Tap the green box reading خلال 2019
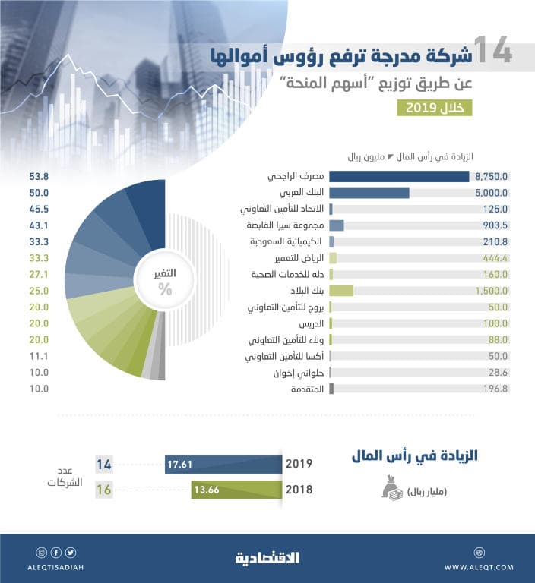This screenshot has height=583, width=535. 434,107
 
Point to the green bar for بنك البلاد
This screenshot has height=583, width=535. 341,290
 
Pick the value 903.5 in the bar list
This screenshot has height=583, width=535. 492,225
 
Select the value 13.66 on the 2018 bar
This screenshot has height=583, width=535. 207,490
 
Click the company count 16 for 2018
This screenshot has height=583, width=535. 104,490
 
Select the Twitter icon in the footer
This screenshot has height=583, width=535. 70,552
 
